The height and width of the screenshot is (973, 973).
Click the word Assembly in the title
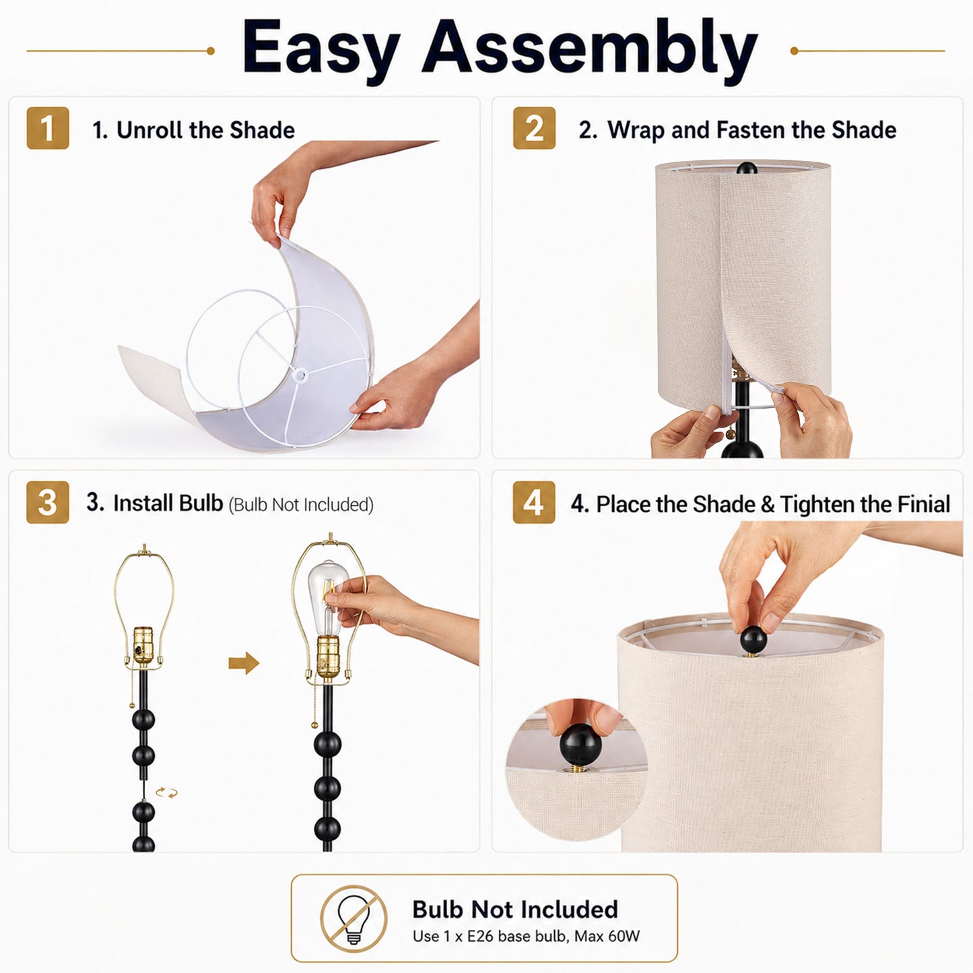coord(590,51)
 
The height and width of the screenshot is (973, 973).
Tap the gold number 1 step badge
coord(47,128)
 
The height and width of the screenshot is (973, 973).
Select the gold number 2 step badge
coord(534,128)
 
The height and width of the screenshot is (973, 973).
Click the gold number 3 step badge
coord(47,502)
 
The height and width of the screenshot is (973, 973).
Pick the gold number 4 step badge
coord(534,502)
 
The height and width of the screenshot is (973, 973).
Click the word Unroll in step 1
coord(149,130)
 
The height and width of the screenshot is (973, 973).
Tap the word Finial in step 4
coord(924,504)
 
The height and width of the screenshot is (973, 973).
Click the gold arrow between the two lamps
coord(244,663)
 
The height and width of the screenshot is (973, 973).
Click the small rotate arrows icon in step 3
coord(166,793)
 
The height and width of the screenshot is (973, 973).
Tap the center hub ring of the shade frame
coord(300,374)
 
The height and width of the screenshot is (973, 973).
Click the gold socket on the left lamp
coord(143,645)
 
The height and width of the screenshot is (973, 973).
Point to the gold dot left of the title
coord(211,51)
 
